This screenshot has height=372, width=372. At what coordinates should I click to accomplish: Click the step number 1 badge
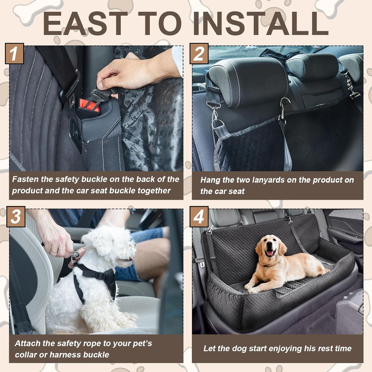[x=14, y=54]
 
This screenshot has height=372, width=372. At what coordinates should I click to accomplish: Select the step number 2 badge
[x=199, y=54]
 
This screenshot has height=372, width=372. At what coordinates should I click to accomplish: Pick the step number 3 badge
[x=16, y=217]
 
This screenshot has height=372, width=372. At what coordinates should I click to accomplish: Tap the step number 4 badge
[x=199, y=217]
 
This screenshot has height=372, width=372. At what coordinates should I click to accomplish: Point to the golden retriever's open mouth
[x=270, y=253]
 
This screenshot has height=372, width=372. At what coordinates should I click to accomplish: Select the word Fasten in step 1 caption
[x=25, y=179]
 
